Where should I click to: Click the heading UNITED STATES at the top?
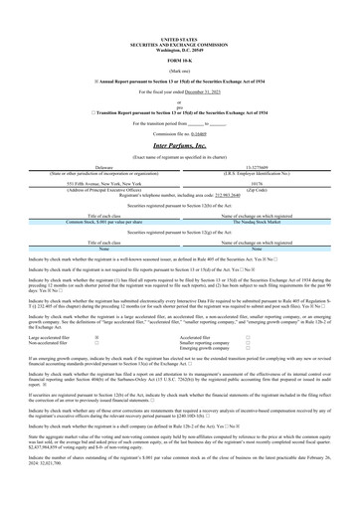pyautogui.click(x=179, y=11)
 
